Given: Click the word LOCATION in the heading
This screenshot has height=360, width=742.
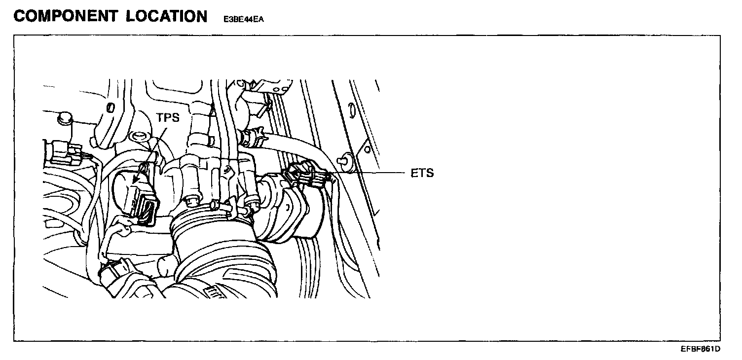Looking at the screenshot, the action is point(167,16).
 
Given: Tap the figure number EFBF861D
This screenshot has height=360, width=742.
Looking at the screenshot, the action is point(701,349).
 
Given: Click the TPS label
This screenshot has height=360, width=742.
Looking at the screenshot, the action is point(168,119).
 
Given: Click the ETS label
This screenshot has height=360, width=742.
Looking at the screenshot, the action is point(422,173).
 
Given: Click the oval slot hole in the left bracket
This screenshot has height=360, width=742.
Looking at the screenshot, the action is point(111,107).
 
